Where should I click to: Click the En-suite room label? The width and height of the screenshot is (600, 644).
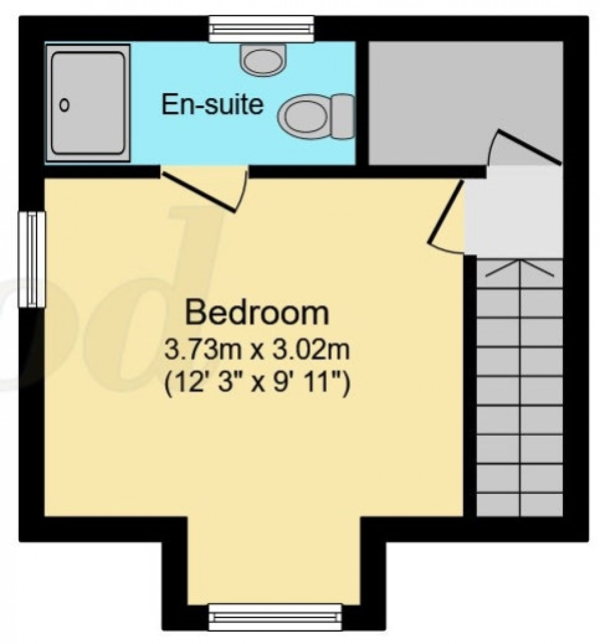212,104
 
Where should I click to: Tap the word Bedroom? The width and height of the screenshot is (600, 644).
257,313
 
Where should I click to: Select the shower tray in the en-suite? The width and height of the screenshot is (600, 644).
88,103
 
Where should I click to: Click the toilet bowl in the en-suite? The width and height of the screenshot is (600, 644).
302,115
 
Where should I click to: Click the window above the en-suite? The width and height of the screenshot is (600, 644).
261,29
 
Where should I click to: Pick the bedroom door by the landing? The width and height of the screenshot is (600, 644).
446,212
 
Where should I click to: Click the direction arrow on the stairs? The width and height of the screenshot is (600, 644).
520,268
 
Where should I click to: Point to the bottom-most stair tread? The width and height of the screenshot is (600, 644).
520,504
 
